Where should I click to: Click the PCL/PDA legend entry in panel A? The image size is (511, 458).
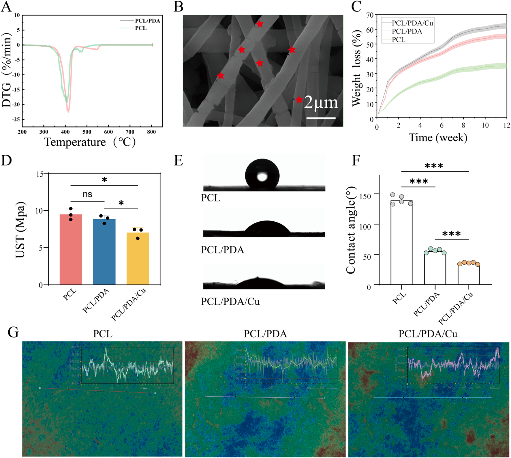pos(147,21)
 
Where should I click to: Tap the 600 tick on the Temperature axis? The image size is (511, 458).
pos(108,132)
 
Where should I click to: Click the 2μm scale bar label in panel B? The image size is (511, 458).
pos(321,103)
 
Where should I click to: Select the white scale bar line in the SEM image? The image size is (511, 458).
pos(321,118)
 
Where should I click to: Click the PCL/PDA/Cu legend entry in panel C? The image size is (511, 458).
pos(412,23)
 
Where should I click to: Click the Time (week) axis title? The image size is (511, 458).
pos(438,137)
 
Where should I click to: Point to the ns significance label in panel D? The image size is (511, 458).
pos(87,194)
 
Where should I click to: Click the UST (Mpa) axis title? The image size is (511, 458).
pos(20,229)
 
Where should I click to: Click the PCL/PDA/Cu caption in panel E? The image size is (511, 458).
pos(230,301)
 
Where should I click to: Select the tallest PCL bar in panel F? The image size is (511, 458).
pos(401,242)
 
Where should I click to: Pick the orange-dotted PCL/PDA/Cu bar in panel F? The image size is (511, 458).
pos(468,274)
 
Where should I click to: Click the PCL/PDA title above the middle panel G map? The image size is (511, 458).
pos(265,334)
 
